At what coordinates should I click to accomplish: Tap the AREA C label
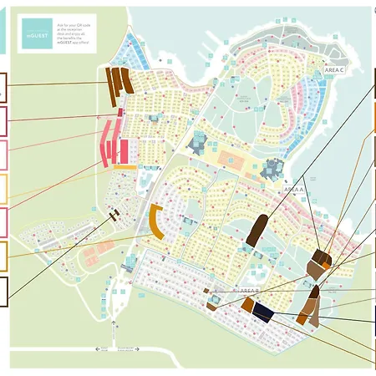333,70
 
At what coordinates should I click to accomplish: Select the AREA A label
294,190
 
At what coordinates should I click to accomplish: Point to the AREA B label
247,289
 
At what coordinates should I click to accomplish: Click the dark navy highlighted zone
264,312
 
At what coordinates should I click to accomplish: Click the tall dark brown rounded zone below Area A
257,230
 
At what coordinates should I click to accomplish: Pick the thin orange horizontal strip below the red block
125,167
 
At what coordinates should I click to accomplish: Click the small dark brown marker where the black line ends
114,213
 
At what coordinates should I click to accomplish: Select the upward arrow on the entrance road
97,347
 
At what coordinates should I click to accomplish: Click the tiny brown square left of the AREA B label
207,291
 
